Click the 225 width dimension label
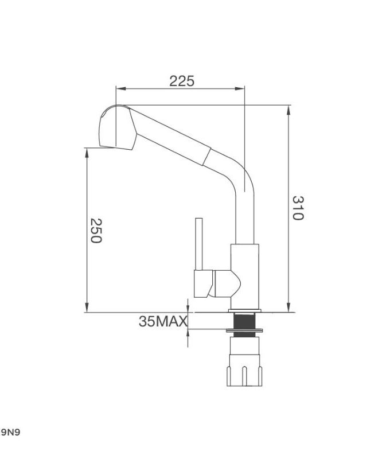[x=181, y=81]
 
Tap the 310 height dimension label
[x=298, y=208]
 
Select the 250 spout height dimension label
[x=95, y=231]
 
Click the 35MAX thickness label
[x=163, y=321]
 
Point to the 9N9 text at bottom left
[x=10, y=432]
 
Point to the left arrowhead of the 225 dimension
[x=119, y=88]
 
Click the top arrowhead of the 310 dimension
[x=288, y=108]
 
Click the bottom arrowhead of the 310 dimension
[x=288, y=309]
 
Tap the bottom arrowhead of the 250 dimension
[x=87, y=309]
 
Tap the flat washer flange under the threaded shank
[x=245, y=331]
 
